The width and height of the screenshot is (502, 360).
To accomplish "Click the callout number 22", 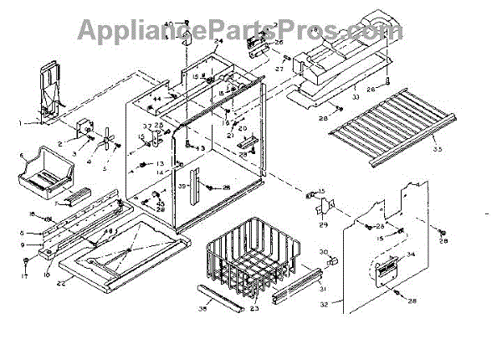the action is (x=61, y=282).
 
